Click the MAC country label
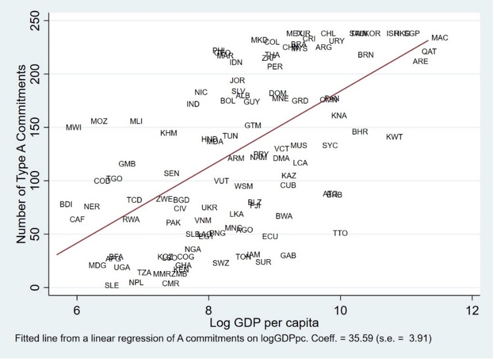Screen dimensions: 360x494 439,38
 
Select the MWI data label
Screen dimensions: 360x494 74,128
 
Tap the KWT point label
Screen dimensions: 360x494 394,137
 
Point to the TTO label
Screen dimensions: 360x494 340,233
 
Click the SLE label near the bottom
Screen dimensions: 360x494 112,286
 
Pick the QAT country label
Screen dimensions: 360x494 429,52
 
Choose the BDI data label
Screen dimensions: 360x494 66,204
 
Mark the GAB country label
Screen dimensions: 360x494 288,256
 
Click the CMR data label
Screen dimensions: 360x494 171,284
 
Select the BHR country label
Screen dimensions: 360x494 360,132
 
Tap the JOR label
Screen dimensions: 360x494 237,81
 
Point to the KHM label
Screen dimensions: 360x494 169,133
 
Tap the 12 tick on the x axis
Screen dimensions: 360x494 472,311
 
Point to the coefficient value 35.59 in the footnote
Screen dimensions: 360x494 360,339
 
